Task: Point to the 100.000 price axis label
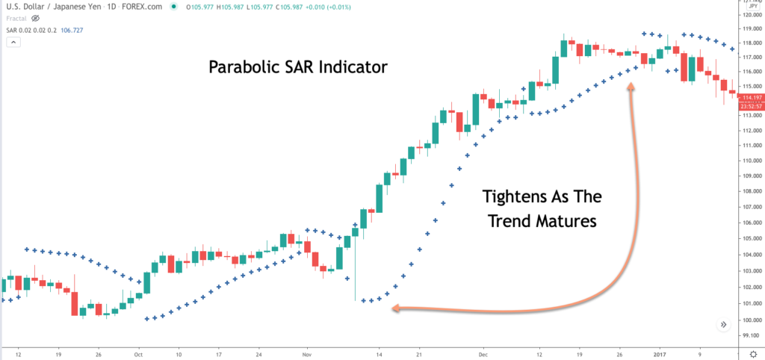point(749,320)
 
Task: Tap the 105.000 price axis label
point(749,239)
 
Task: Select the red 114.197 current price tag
point(750,98)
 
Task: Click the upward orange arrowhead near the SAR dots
point(631,87)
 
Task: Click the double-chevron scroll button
point(724,324)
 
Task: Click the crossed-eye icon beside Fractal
point(35,18)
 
